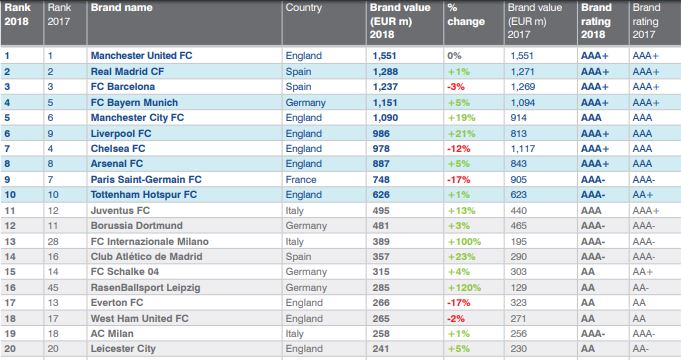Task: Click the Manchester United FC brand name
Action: pos(141,56)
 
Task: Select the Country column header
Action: pos(304,7)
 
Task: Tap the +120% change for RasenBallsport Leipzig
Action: pos(464,287)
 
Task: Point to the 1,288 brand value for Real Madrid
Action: pos(385,72)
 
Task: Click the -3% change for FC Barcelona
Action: pos(456,87)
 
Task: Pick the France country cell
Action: pos(301,180)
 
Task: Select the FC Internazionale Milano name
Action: pos(150,241)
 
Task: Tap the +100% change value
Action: pos(464,241)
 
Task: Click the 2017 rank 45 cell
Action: pos(53,287)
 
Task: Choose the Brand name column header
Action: pos(122,7)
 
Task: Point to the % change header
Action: pos(466,14)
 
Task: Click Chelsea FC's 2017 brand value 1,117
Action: pos(522,149)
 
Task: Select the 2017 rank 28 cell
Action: pos(53,241)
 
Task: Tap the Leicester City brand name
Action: pos(123,349)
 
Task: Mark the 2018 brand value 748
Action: pos(381,180)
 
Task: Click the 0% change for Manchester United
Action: pos(454,56)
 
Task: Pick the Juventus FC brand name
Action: pos(120,211)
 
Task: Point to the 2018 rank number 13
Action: pos(10,241)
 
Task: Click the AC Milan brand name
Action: pos(112,334)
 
